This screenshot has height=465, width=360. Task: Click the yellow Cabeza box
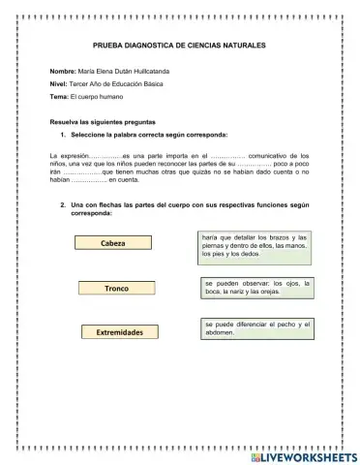coord(113,243)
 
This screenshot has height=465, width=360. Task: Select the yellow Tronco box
coord(116,289)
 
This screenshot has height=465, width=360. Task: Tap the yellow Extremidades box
coord(120,332)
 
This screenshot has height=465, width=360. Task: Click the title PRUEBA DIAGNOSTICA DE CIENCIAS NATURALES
coord(179,46)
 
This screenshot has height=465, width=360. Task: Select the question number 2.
coord(63,205)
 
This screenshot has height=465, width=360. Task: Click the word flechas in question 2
coord(105,205)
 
